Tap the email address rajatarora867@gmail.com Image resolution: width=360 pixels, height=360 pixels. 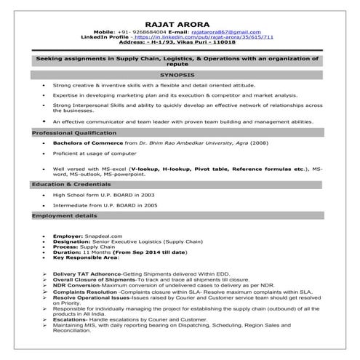226,32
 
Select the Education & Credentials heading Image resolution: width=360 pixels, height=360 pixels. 69,185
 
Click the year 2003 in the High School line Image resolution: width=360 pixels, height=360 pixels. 147,195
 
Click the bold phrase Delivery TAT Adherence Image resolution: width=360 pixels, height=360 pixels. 87,273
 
